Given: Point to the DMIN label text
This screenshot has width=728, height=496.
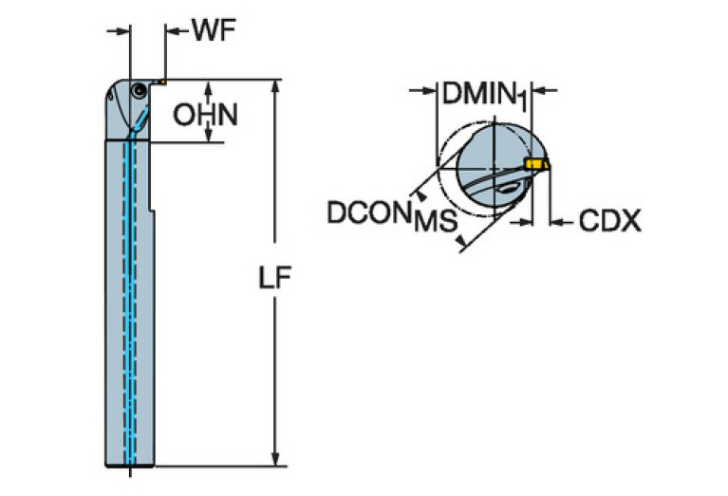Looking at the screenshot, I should [x=478, y=93].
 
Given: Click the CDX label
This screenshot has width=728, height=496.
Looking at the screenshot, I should [x=609, y=223].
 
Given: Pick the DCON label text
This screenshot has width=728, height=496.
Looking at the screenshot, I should [x=370, y=212].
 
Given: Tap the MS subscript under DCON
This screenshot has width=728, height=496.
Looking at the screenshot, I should [x=435, y=224].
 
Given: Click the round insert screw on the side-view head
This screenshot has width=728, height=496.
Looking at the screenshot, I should [x=139, y=90].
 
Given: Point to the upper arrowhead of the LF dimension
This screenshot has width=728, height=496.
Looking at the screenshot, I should [x=275, y=86].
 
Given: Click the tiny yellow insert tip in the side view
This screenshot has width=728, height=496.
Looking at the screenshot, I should [x=161, y=82].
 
